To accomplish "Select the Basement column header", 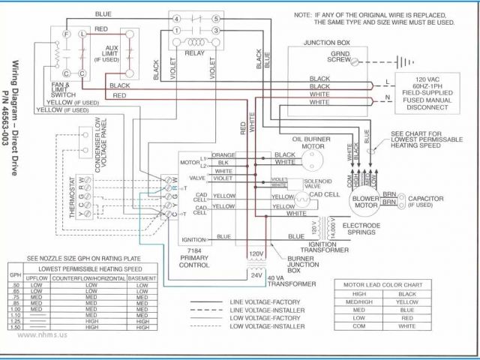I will tap(142, 278).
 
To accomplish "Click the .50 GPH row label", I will tap(13, 286).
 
